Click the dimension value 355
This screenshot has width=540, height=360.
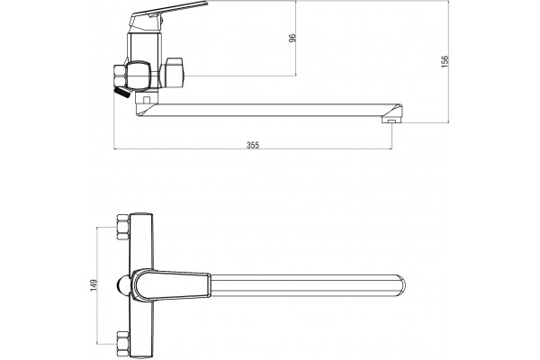click(x=252, y=145)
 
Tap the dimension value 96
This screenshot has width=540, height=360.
click(x=292, y=38)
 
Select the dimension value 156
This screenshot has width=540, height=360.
click(x=445, y=61)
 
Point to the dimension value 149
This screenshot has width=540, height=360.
click(x=94, y=285)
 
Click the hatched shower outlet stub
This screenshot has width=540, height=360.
click(x=122, y=93)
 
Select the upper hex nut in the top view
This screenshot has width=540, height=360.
click(x=122, y=227)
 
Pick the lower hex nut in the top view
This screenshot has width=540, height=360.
click(x=122, y=344)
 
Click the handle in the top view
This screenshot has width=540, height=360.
click(x=172, y=285)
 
